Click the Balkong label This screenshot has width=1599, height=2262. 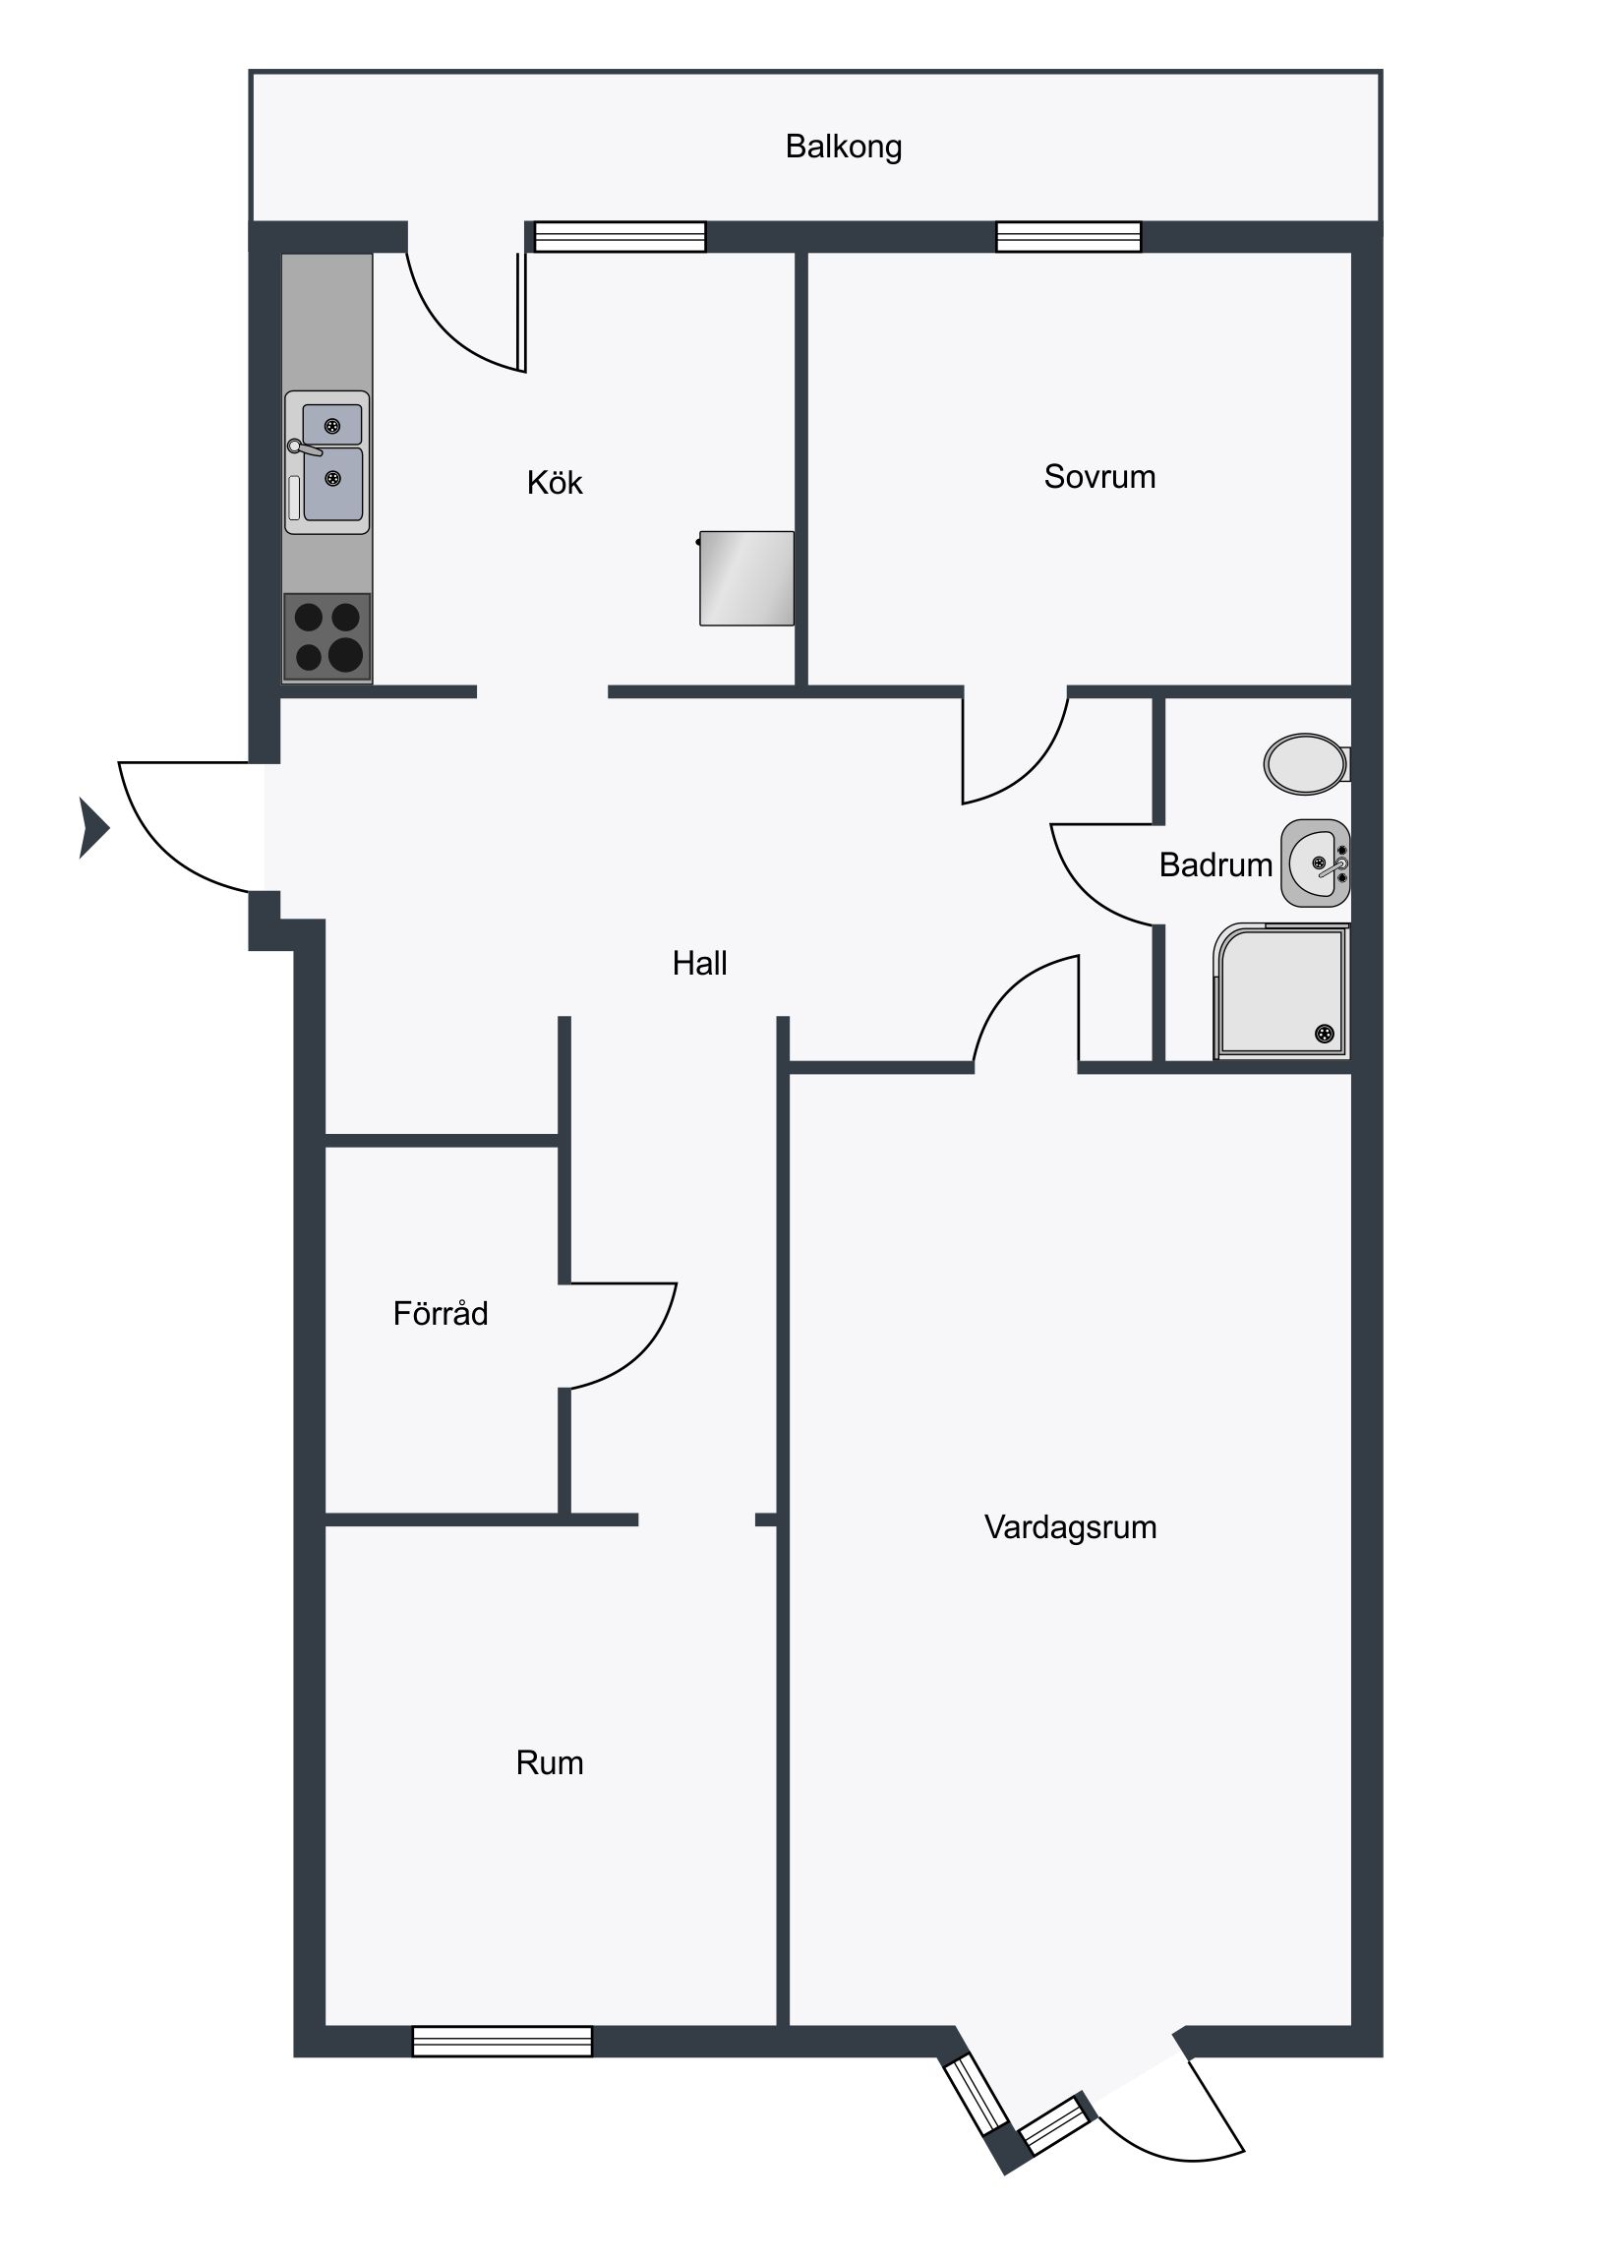click(x=844, y=147)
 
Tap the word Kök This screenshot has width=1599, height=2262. click(x=555, y=482)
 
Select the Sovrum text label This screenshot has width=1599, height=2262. click(x=1099, y=477)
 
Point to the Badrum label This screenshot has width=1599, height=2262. click(x=1215, y=865)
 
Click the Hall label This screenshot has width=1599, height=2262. click(x=699, y=963)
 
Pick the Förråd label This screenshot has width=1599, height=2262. click(x=441, y=1313)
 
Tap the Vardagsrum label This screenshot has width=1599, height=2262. click(x=1070, y=1527)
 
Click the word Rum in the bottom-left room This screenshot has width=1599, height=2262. click(x=550, y=1762)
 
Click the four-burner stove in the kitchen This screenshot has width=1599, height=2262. click(x=327, y=636)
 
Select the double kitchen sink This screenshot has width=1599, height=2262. click(x=327, y=463)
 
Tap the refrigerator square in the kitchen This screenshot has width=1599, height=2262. click(x=746, y=578)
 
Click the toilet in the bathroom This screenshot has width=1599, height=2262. click(x=1306, y=763)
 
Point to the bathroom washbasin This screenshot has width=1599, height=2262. click(x=1315, y=863)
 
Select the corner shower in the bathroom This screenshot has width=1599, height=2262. click(x=1281, y=991)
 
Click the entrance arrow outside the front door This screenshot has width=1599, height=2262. click(x=93, y=827)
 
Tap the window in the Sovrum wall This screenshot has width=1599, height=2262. click(x=1068, y=237)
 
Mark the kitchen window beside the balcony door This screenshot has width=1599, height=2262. click(x=620, y=237)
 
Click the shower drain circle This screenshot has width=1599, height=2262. click(x=1324, y=1034)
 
